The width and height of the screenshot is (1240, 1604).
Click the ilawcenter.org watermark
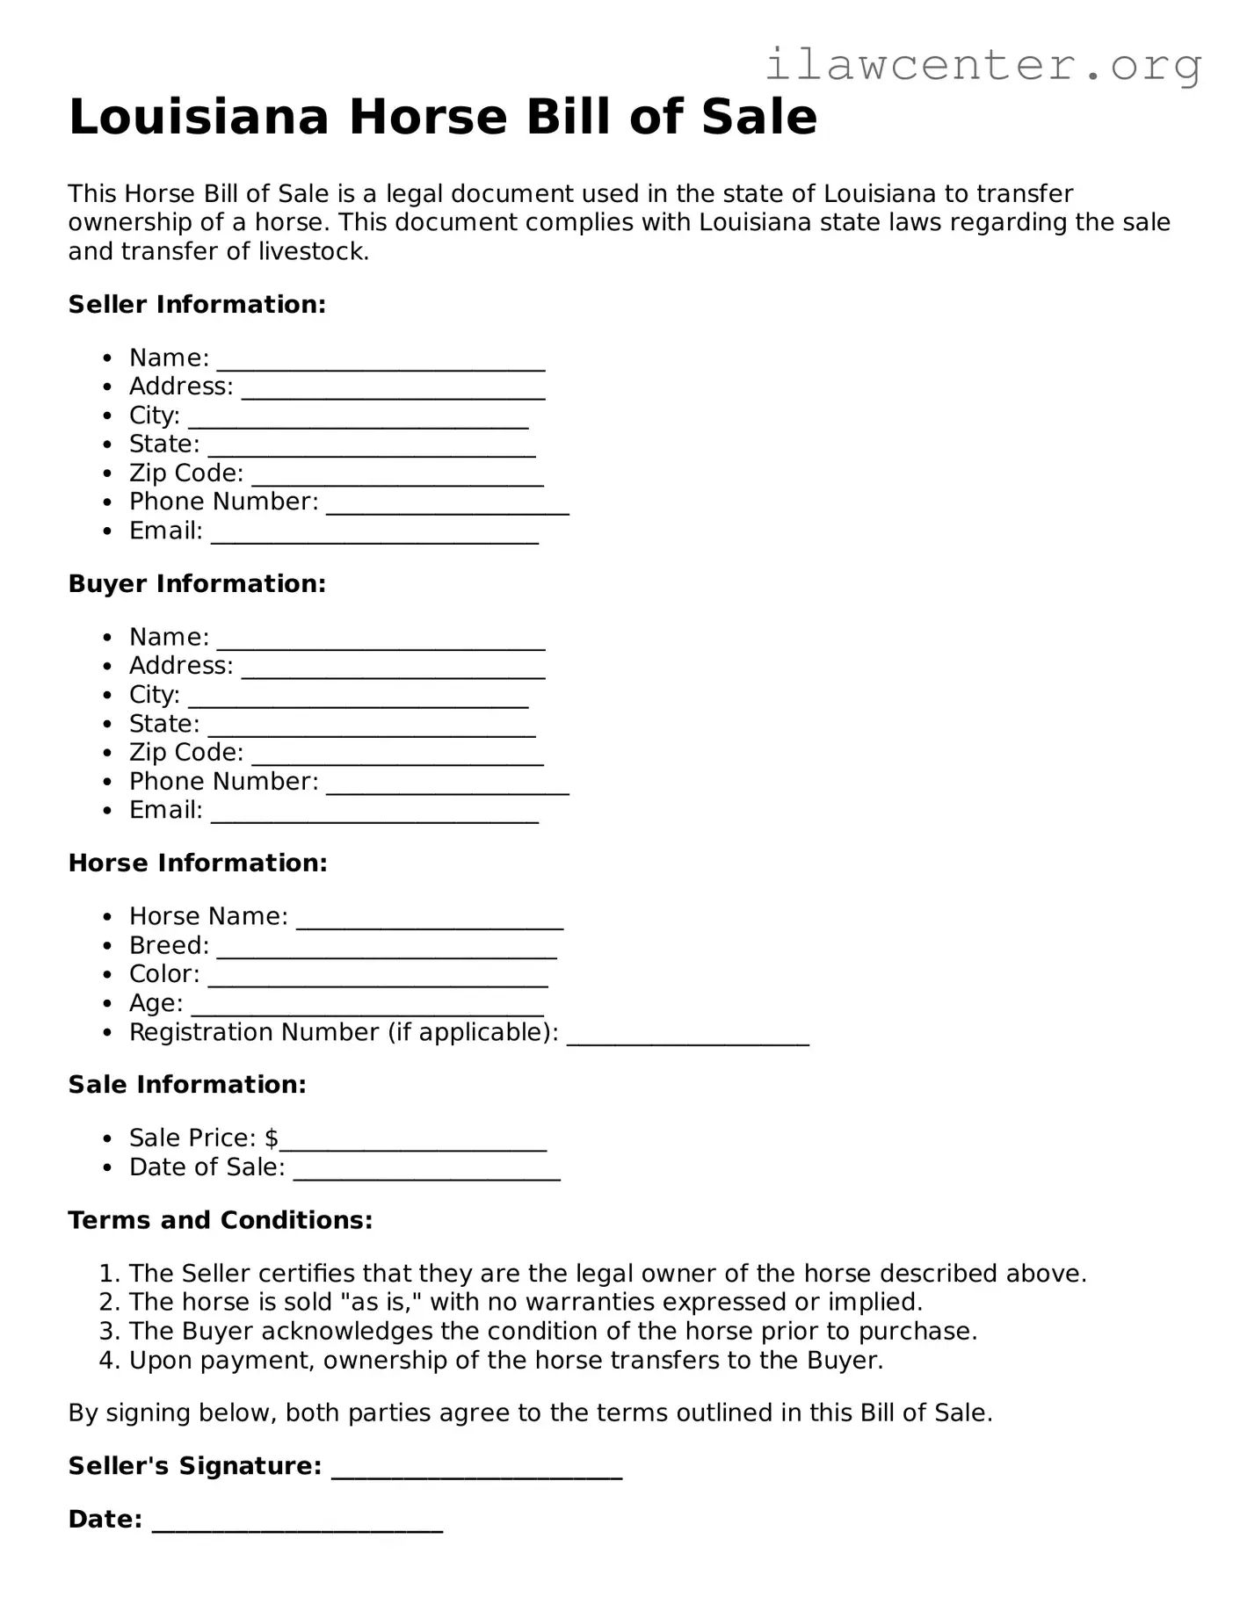click(x=983, y=66)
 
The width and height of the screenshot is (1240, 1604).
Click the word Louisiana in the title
click(x=199, y=117)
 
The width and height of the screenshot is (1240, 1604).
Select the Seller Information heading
click(x=197, y=305)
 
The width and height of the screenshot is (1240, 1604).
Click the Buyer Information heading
click(x=197, y=584)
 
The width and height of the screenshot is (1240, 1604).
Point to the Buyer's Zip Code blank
click(x=397, y=756)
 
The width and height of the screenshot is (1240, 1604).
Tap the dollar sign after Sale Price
click(x=272, y=1138)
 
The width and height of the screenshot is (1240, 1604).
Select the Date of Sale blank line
click(x=426, y=1171)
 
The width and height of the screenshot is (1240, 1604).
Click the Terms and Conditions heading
click(x=221, y=1221)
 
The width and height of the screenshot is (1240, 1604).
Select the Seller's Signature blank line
click(x=476, y=1470)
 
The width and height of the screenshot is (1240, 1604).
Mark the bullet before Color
click(x=107, y=975)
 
